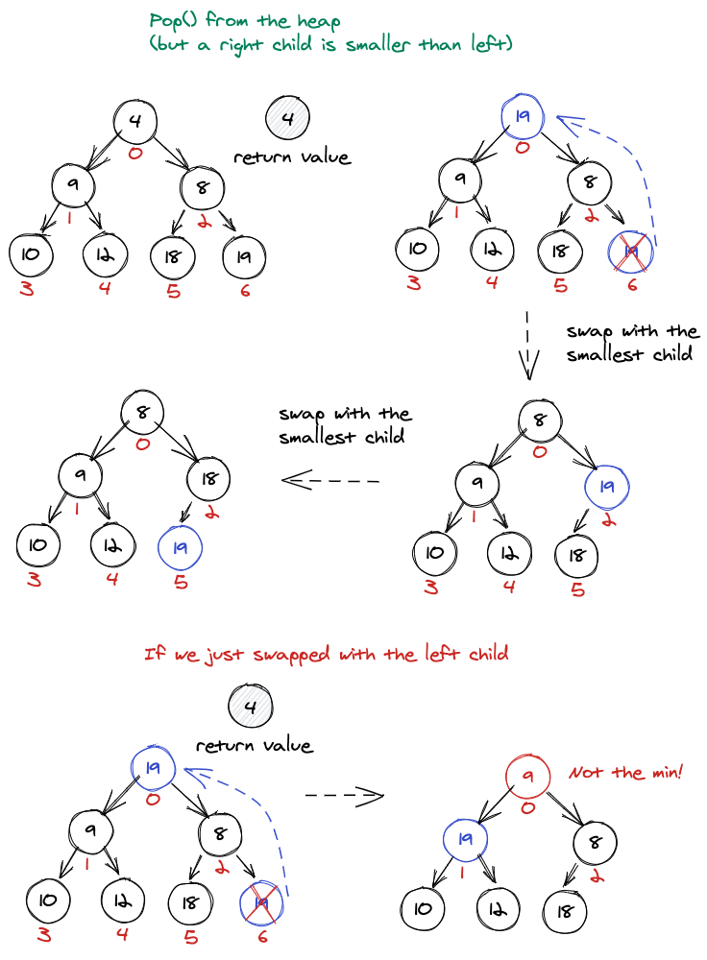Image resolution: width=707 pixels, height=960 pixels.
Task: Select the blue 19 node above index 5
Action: tap(180, 547)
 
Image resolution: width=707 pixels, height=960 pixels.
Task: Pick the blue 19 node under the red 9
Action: tap(466, 840)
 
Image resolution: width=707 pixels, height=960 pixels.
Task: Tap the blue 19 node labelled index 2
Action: tap(605, 487)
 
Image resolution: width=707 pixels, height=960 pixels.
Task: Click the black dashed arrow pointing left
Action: tap(331, 479)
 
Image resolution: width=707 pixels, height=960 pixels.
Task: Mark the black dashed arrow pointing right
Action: tap(344, 795)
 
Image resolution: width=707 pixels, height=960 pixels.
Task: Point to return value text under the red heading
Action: tap(254, 745)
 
